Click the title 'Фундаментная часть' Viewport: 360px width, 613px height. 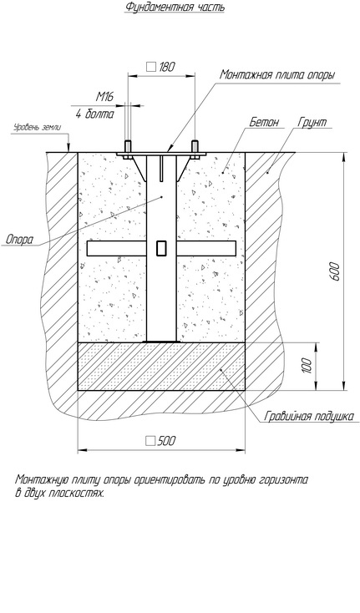(x=175, y=7)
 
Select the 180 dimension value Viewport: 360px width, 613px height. (x=166, y=67)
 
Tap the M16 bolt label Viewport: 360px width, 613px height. (x=104, y=97)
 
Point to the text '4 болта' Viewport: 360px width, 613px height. (x=95, y=114)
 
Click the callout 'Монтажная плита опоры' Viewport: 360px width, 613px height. (x=276, y=74)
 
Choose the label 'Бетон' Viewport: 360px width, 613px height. (x=265, y=122)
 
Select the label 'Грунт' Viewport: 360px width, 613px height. (x=312, y=122)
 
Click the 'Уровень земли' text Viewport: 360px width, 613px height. (x=38, y=127)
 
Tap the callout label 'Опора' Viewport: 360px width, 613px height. (x=19, y=240)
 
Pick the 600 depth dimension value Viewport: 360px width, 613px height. (x=336, y=271)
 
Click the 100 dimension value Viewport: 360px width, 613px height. (x=307, y=365)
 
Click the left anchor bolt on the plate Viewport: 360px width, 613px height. (x=128, y=149)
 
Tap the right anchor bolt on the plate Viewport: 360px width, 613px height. (x=195, y=149)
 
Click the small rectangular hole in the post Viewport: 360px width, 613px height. (x=161, y=249)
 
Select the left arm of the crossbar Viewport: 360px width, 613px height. (x=117, y=249)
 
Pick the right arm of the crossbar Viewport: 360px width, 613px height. (x=206, y=249)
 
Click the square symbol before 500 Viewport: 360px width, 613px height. (x=150, y=441)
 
